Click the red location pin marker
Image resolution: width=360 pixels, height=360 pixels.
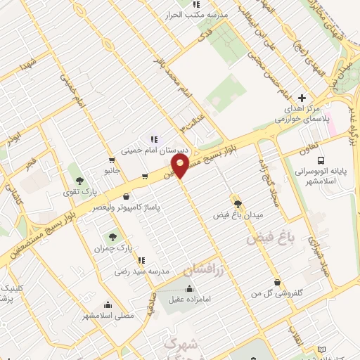(x=181, y=166)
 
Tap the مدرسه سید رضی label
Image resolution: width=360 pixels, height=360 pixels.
(x=143, y=270)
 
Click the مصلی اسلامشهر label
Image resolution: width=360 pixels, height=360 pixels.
(x=108, y=316)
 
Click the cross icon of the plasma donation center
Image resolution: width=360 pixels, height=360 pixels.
(x=302, y=98)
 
